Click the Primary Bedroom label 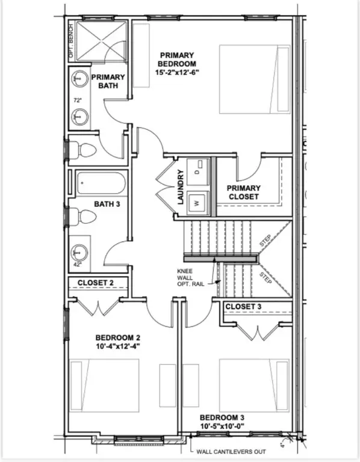click(177, 60)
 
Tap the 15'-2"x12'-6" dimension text click(177, 72)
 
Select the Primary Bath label click(108, 81)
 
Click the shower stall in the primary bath click(101, 42)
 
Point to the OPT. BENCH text click(71, 41)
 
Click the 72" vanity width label click(77, 100)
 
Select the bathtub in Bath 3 click(101, 183)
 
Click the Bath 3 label click(107, 204)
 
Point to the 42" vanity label click(77, 265)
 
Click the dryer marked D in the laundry click(198, 172)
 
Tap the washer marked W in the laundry click(198, 203)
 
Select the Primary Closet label click(244, 192)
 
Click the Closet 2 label click(96, 283)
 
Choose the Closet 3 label click(243, 307)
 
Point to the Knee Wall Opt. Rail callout click(190, 277)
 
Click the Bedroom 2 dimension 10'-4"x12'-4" click(117, 346)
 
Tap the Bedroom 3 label click(222, 418)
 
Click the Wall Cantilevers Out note click(231, 452)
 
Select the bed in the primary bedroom click(255, 79)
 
